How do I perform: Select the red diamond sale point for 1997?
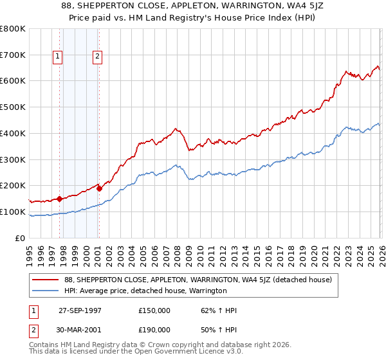[59, 199]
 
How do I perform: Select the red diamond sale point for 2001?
[98, 188]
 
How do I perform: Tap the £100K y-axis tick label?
[13, 212]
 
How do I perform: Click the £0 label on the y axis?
[19, 238]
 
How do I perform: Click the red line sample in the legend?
[46, 280]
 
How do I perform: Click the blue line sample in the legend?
[46, 291]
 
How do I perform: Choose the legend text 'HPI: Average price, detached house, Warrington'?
[145, 291]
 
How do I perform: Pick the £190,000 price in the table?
[154, 329]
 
